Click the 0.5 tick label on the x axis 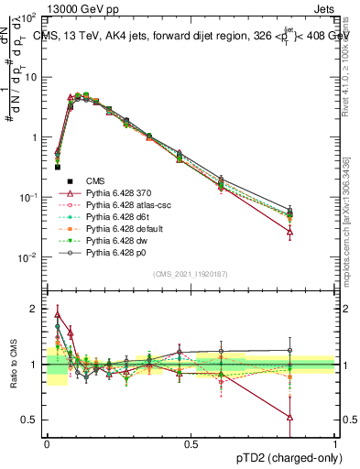coord(191,442)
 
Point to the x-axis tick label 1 coord(335,442)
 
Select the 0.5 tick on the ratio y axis coord(32,420)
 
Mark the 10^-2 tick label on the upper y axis coord(29,257)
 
